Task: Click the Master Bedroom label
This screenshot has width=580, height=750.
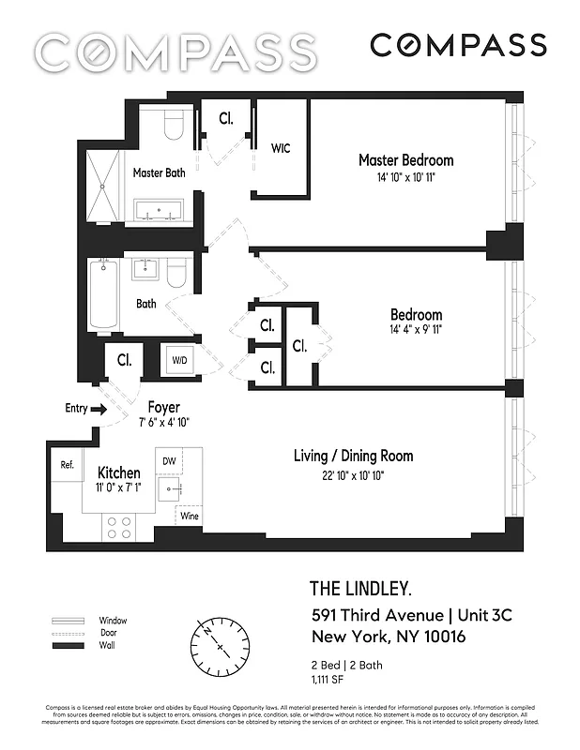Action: pyautogui.click(x=405, y=160)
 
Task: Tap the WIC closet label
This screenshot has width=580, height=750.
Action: pyautogui.click(x=281, y=148)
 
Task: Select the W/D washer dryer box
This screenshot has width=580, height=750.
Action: pyautogui.click(x=179, y=360)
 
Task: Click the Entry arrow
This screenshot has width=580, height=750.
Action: pyautogui.click(x=97, y=408)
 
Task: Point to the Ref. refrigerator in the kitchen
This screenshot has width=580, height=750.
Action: pyautogui.click(x=67, y=464)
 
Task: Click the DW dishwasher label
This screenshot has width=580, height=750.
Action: pyautogui.click(x=169, y=460)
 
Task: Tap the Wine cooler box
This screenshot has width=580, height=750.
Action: pyautogui.click(x=190, y=517)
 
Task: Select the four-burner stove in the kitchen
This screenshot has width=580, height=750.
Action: pyautogui.click(x=119, y=527)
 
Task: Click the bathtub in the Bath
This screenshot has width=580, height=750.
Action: pyautogui.click(x=101, y=294)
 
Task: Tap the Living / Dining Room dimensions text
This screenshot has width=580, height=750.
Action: pyautogui.click(x=353, y=476)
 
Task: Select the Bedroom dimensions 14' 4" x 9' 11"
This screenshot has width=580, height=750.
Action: pyautogui.click(x=416, y=330)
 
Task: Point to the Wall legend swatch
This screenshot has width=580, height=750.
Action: pyautogui.click(x=69, y=647)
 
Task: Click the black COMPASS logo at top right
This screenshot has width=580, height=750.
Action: pyautogui.click(x=457, y=44)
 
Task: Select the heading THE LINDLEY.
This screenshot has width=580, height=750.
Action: pyautogui.click(x=359, y=589)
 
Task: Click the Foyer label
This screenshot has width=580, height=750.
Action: pyautogui.click(x=160, y=408)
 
